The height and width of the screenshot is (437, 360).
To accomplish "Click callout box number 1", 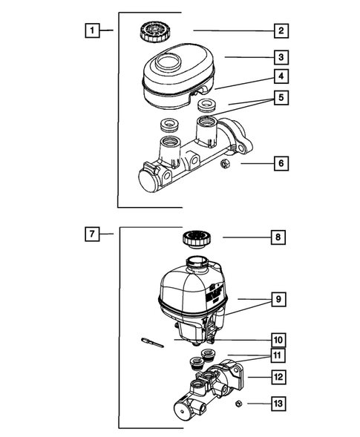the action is [92, 30].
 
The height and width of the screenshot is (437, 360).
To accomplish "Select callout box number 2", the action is [281, 30].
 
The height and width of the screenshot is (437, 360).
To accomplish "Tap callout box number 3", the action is [281, 57].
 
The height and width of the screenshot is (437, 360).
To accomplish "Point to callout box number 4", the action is [281, 76].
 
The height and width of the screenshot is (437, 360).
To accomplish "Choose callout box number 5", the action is [281, 97].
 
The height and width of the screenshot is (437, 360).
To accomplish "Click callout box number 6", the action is [281, 163].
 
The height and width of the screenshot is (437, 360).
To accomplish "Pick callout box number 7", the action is [92, 234].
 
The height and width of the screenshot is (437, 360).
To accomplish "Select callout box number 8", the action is [278, 237].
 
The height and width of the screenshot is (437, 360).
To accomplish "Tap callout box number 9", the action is [278, 299].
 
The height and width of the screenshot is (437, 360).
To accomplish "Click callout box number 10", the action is [278, 341].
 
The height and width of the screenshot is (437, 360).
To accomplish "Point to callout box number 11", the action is [278, 355].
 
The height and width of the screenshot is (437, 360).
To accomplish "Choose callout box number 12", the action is [278, 377].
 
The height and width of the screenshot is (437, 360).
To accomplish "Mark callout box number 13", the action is [278, 404].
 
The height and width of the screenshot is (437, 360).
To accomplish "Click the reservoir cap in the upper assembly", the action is [152, 31].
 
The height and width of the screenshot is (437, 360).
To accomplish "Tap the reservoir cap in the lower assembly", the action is [197, 240].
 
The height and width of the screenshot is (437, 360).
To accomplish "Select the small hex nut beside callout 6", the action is [225, 163].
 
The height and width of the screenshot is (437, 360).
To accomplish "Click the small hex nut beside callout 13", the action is [238, 404].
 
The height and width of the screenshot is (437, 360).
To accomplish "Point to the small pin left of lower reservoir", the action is [152, 343].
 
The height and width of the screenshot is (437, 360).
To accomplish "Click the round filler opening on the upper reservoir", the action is [168, 62].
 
